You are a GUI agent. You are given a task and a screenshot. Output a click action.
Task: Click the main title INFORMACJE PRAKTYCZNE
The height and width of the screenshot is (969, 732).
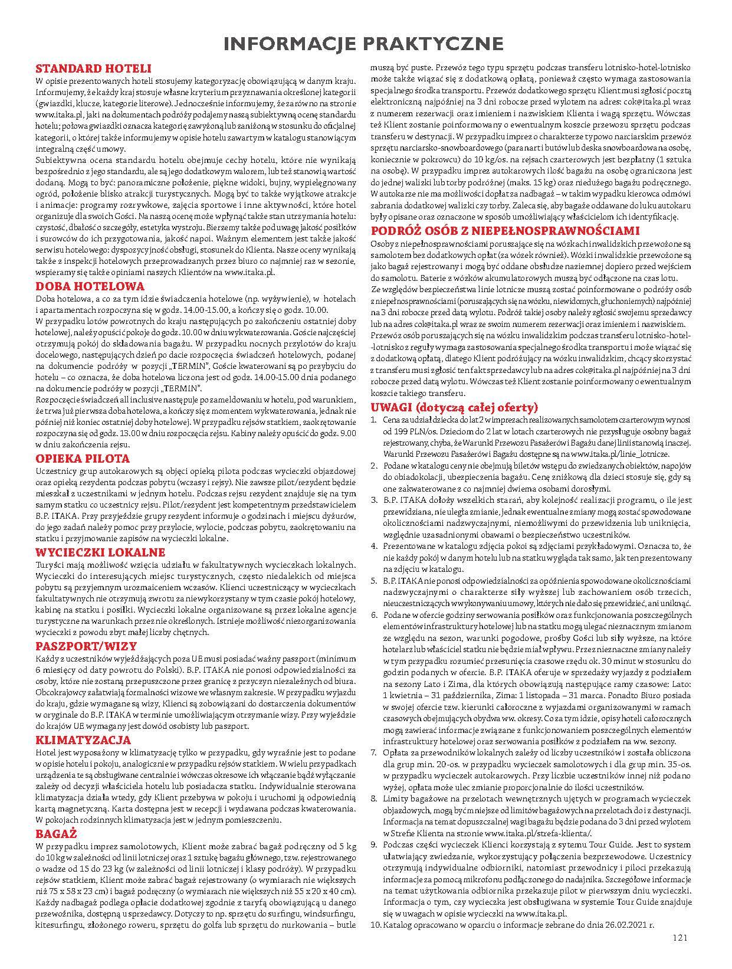[x=366, y=44]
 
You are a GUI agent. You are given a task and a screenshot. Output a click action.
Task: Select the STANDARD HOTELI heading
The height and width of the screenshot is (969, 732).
[x=94, y=68]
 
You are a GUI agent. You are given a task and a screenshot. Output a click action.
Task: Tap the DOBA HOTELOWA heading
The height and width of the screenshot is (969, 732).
[x=90, y=286]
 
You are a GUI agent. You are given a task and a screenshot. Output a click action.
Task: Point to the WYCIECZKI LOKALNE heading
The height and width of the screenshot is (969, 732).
[x=101, y=552]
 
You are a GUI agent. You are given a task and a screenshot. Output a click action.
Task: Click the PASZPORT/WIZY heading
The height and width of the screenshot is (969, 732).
[x=86, y=646]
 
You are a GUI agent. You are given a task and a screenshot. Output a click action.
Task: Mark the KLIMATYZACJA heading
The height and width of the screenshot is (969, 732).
[x=83, y=740]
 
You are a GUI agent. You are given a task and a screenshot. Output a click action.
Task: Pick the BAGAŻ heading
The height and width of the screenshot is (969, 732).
[x=57, y=834]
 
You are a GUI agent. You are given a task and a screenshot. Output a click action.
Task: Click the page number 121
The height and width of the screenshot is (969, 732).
[x=680, y=937]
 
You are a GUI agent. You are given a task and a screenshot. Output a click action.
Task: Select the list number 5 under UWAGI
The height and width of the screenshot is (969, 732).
[x=374, y=581]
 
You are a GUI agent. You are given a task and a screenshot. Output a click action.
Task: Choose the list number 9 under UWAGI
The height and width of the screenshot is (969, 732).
[x=374, y=844]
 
